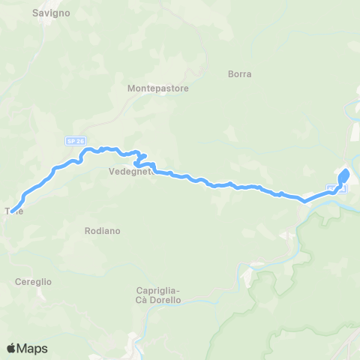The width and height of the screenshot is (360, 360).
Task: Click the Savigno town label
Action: point(51,13)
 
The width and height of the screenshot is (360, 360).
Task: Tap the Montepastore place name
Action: point(157,88)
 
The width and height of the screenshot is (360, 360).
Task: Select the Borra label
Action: point(239,74)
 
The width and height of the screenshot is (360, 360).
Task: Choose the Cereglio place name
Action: point(33,281)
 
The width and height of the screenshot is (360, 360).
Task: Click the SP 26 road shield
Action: point(72,141)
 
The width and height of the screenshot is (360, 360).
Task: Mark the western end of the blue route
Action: point(13,200)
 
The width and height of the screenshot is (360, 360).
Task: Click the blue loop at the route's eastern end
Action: point(344,176)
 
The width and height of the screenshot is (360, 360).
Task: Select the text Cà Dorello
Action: point(159,300)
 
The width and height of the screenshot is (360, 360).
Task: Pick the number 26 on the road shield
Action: point(75,141)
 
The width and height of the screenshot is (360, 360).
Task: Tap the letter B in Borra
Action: point(229,74)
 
